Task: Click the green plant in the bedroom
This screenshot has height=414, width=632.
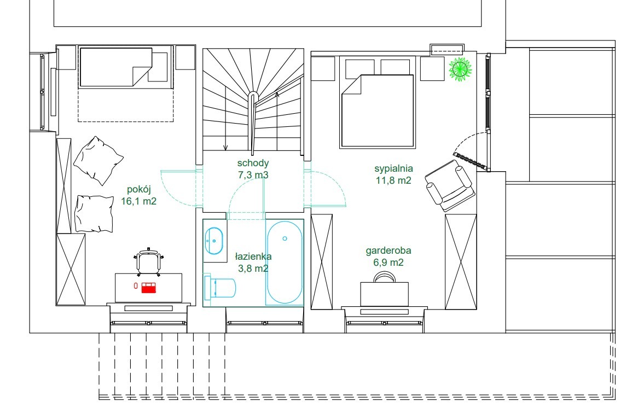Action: (460, 69)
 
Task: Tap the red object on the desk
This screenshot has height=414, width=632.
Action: (148, 288)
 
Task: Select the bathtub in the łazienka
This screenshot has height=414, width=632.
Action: (284, 262)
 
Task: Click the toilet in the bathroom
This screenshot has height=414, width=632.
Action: (219, 287)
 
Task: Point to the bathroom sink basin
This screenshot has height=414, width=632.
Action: (213, 241)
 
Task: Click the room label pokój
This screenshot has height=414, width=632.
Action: (138, 189)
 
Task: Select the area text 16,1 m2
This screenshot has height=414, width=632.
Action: (138, 201)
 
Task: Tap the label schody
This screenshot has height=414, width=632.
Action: (253, 163)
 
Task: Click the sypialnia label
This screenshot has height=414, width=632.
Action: (393, 168)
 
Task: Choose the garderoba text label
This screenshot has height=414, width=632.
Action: (389, 250)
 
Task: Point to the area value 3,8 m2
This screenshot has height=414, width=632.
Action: (253, 268)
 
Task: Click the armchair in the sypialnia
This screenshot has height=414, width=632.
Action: (450, 185)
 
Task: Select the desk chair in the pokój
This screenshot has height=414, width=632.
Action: (149, 262)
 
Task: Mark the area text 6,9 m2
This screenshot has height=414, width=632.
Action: (388, 263)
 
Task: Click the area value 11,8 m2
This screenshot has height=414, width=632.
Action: (393, 180)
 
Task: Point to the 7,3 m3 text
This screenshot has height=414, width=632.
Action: (253, 175)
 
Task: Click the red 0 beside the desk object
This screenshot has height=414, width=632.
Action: (136, 286)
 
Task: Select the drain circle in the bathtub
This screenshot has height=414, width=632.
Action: (285, 239)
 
